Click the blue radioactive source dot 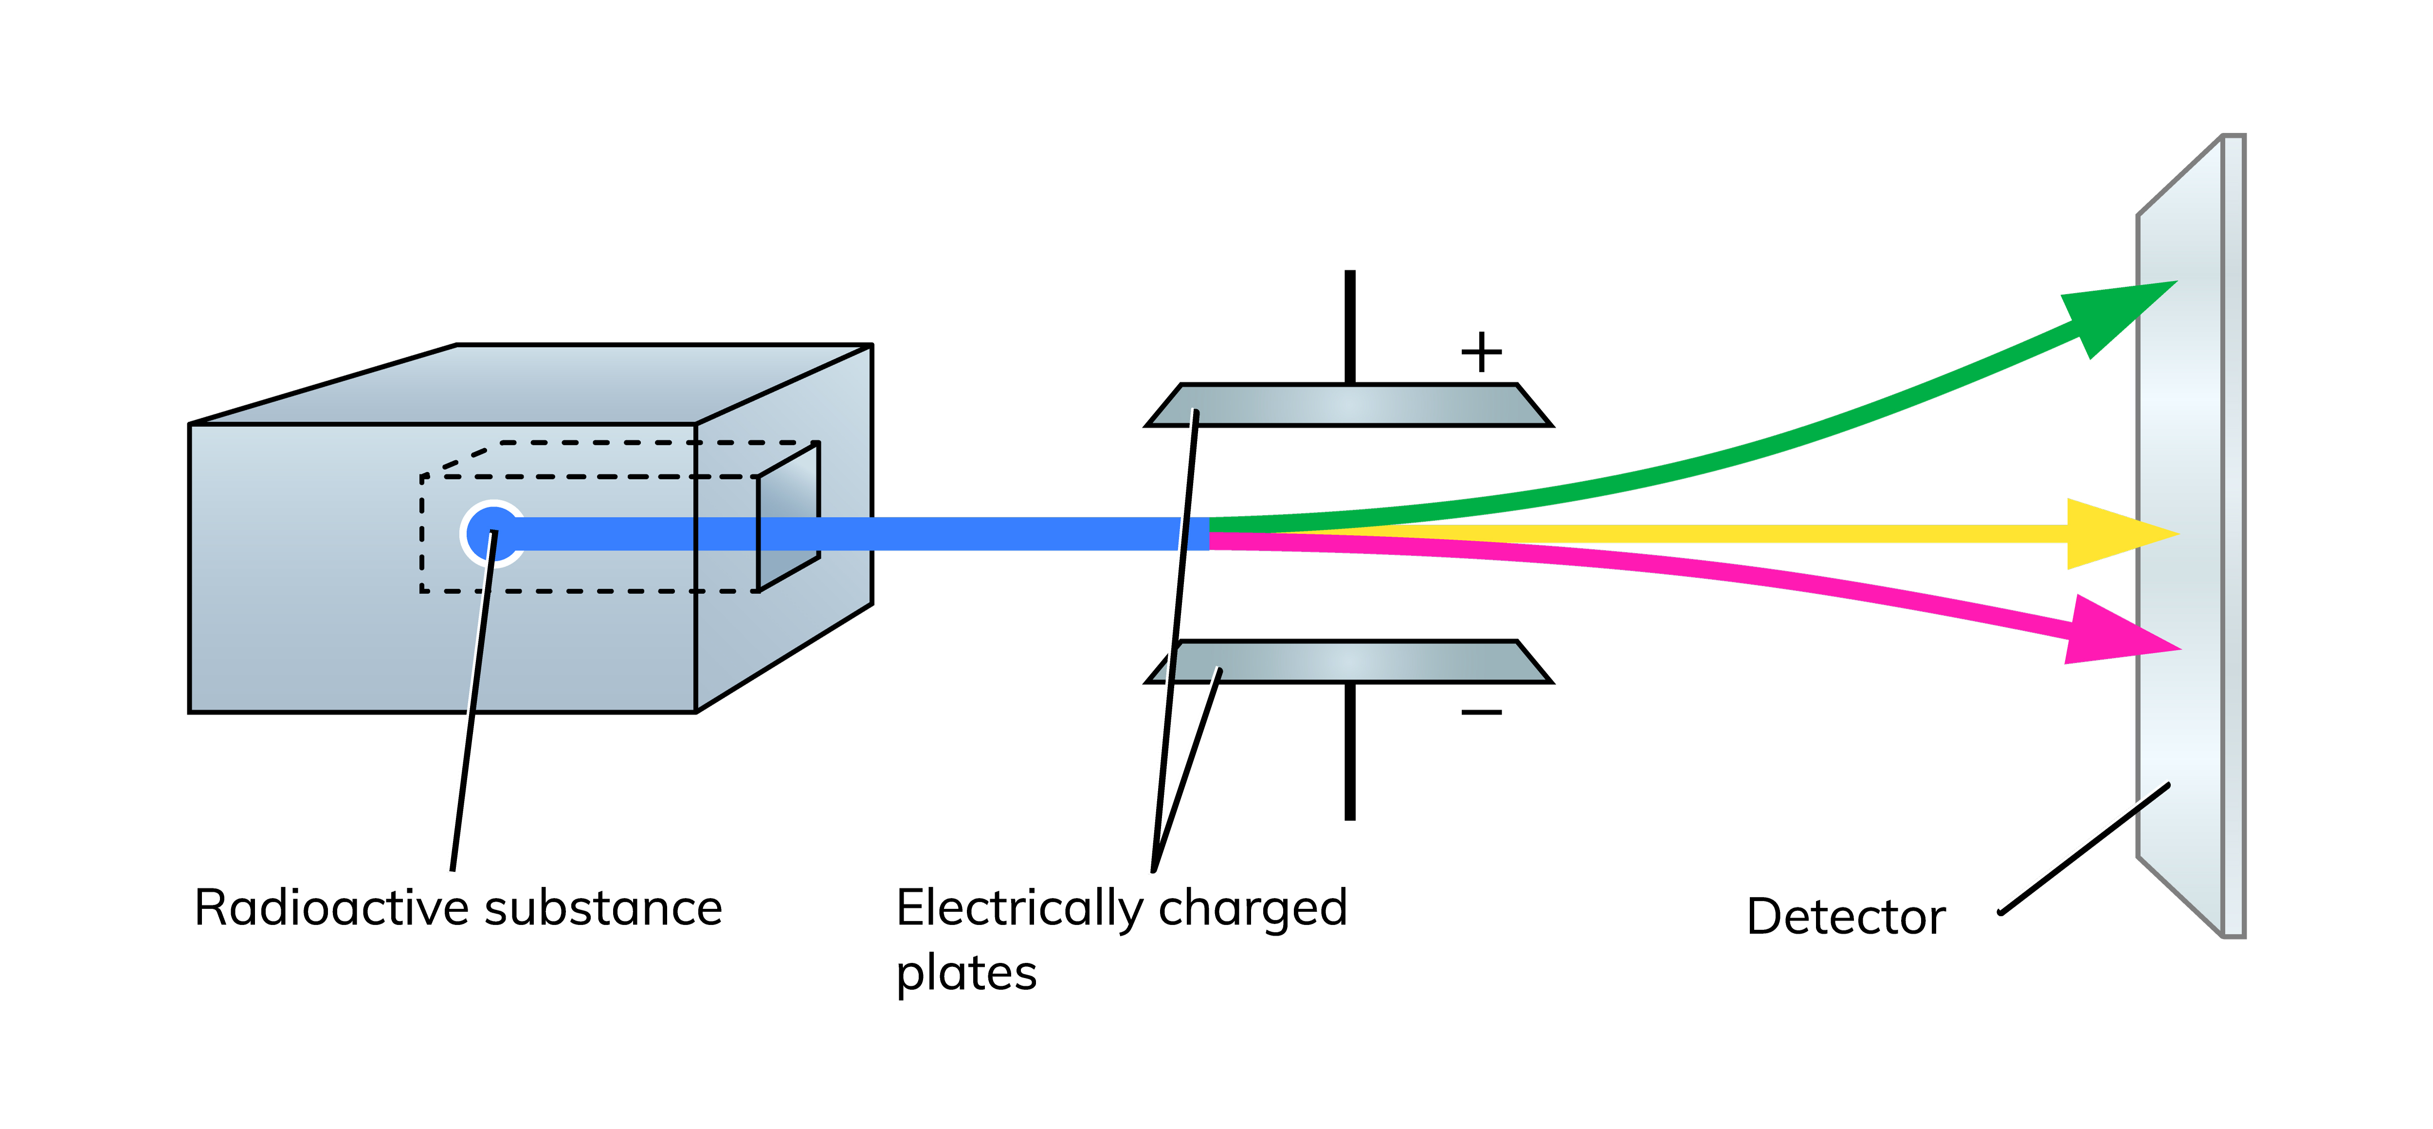pos(492,534)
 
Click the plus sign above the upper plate pos(1481,352)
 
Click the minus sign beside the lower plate pos(1481,711)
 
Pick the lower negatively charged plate pos(1349,661)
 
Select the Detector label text pos(1846,916)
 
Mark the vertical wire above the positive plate pos(1350,327)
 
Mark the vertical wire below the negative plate pos(1350,751)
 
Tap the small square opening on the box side pos(788,517)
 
